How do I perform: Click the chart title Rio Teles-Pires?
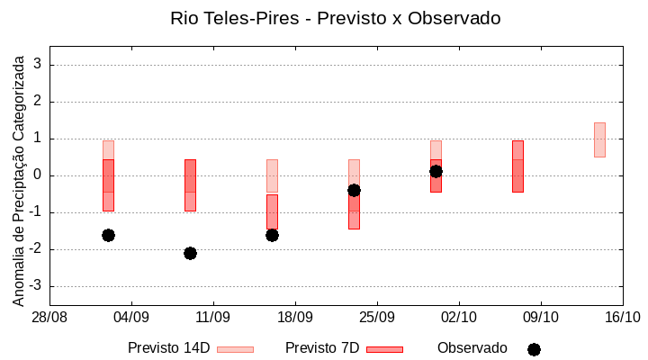[x=335, y=18]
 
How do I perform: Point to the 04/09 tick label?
[x=131, y=317]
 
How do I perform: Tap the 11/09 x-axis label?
[x=213, y=317]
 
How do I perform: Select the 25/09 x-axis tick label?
[x=377, y=317]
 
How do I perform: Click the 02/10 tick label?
[x=459, y=317]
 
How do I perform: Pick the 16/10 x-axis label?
[x=622, y=317]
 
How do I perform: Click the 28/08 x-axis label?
[x=49, y=317]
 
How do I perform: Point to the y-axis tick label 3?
[x=39, y=65]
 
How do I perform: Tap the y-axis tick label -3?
[x=36, y=286]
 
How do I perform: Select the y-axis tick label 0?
[x=39, y=175]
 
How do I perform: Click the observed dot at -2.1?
[x=190, y=253]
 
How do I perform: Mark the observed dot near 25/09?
[x=354, y=190]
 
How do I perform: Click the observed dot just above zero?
[x=436, y=171]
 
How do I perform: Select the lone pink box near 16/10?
[x=599, y=139]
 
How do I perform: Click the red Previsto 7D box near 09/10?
[x=517, y=166]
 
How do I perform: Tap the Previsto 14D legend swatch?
[x=235, y=349]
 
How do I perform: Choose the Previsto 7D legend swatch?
[x=384, y=349]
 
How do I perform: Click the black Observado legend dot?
[x=534, y=349]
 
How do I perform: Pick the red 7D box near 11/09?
[x=190, y=185]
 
